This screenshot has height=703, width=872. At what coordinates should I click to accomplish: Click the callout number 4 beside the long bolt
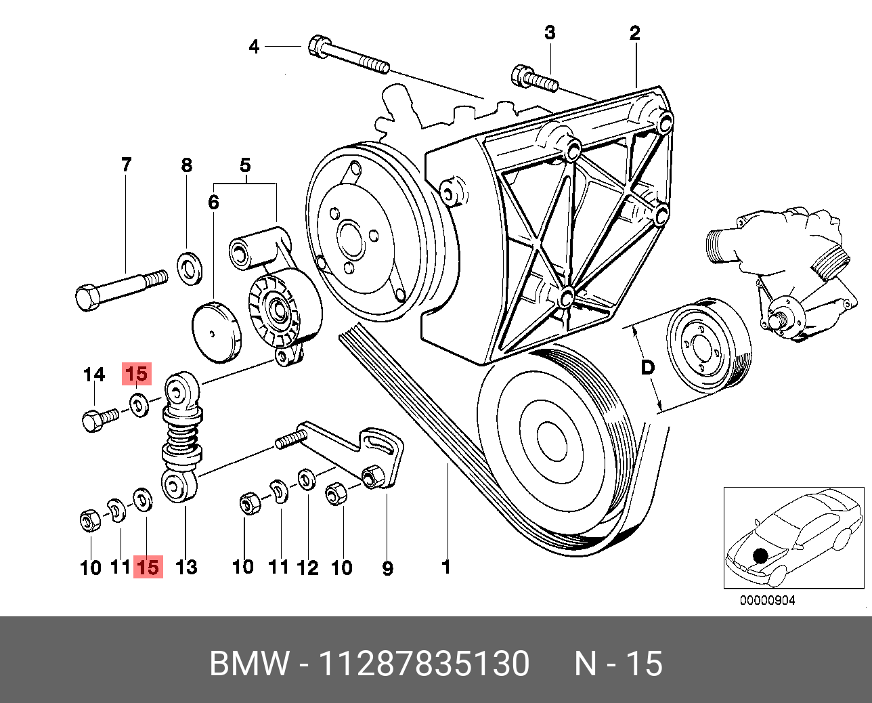(x=254, y=47)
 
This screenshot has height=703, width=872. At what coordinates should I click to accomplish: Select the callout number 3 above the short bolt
(x=550, y=33)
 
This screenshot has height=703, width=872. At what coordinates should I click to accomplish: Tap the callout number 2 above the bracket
(x=634, y=33)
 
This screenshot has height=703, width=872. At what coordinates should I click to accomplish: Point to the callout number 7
(x=127, y=165)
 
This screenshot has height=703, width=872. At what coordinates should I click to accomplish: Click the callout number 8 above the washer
(x=186, y=165)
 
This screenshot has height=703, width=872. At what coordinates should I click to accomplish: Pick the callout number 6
(x=213, y=203)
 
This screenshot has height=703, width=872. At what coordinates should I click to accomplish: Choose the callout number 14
(x=94, y=375)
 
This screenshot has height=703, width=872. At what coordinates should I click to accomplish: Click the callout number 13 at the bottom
(x=186, y=567)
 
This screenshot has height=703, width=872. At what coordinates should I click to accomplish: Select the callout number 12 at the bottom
(x=307, y=568)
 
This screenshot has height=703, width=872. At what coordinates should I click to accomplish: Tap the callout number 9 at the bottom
(x=388, y=569)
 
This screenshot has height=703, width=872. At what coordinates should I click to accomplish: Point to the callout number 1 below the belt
(x=446, y=568)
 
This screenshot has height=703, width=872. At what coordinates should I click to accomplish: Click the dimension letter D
(x=647, y=368)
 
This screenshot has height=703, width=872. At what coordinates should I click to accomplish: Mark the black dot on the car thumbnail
(x=760, y=555)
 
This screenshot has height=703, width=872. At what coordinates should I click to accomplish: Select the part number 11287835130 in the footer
(x=424, y=663)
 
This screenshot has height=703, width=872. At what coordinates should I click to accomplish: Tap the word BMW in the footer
(x=249, y=663)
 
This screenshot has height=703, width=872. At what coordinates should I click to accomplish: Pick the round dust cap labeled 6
(x=217, y=332)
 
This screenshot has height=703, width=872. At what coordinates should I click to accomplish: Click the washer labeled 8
(x=190, y=268)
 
